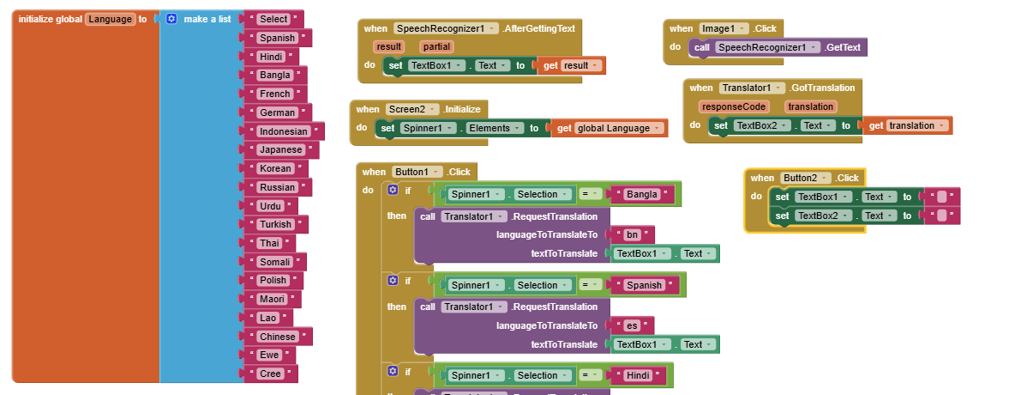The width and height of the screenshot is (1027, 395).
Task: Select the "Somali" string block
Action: click(x=275, y=262)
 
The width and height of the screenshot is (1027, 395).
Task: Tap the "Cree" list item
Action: click(x=270, y=374)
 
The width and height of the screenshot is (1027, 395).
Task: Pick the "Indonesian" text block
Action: click(x=283, y=131)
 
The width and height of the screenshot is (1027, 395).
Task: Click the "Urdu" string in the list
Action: click(x=271, y=206)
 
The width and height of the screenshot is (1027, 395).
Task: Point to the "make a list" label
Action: click(x=207, y=19)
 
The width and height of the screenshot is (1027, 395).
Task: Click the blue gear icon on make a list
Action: click(x=171, y=19)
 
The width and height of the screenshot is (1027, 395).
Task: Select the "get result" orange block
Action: click(x=571, y=65)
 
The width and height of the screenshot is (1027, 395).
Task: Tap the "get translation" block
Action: click(x=906, y=125)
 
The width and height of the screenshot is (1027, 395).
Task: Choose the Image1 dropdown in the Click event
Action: click(x=724, y=28)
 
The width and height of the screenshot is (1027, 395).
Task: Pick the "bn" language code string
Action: click(x=632, y=234)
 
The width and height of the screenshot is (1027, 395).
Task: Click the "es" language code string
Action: click(x=632, y=325)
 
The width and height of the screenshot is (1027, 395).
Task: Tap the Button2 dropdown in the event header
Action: click(x=805, y=178)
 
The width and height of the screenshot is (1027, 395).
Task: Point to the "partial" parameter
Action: click(x=436, y=46)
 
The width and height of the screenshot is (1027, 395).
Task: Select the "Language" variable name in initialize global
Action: click(x=110, y=19)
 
